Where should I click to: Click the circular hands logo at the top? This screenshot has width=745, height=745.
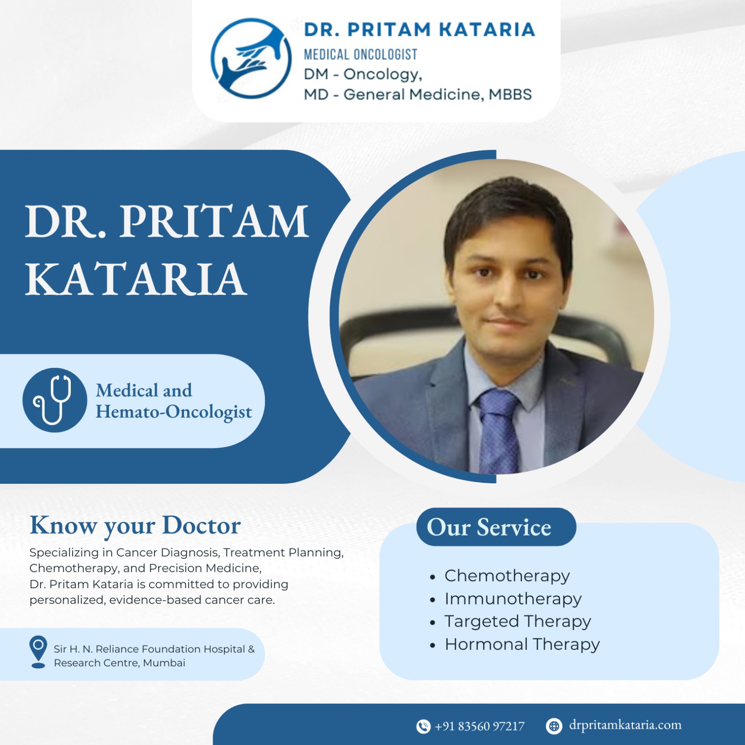pos(251,58)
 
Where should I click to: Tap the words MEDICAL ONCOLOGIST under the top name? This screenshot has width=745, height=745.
pos(360,54)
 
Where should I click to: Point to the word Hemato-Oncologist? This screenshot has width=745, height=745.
pos(174,412)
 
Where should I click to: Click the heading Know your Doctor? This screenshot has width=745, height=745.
pos(135,526)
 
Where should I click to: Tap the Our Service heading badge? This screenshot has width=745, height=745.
pos(496,527)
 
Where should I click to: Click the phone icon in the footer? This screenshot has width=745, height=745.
pos(423,726)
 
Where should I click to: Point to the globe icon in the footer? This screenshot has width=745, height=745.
pos(554,726)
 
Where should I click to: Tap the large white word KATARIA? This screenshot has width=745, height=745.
pos(135,279)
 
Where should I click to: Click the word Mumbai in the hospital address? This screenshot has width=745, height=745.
pos(164,663)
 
